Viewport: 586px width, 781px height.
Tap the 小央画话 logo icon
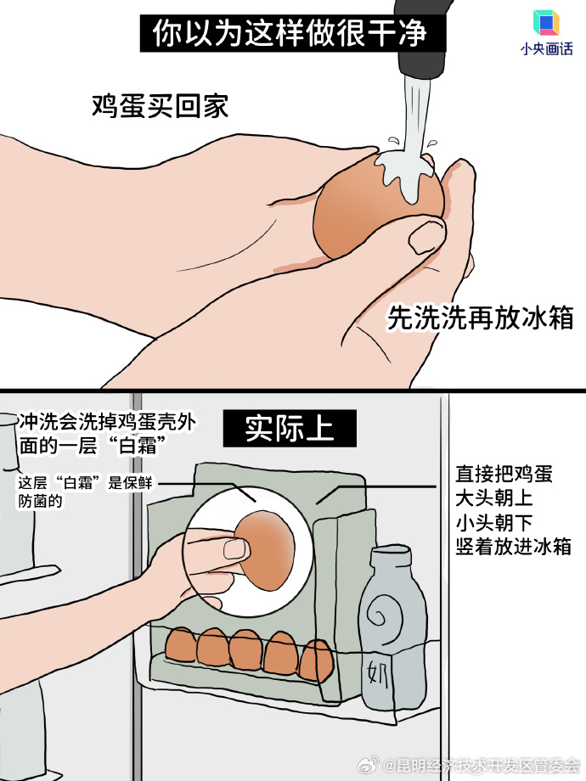point(546,23)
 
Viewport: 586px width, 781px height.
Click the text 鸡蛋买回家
point(161,106)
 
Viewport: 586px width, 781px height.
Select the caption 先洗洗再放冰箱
point(480,317)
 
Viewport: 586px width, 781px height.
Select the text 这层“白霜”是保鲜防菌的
point(85,492)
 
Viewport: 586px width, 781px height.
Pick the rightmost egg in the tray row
point(315,658)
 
